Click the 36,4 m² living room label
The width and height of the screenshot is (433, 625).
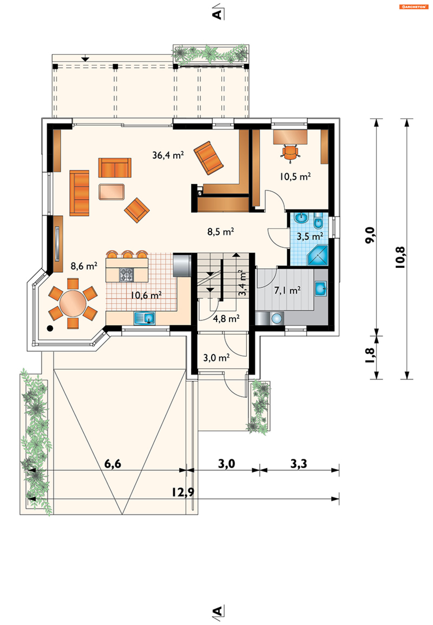168,155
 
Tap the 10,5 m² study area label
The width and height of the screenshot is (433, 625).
295,177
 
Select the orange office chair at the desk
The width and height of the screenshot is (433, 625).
290,153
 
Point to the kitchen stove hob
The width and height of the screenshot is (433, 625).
127,275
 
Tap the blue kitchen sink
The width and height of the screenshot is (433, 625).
145,318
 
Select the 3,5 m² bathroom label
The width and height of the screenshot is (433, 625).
310,236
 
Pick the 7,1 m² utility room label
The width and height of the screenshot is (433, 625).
287,291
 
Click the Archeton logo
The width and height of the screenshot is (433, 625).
413,7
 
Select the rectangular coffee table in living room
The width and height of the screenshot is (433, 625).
111,192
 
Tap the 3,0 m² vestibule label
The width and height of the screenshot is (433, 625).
216,358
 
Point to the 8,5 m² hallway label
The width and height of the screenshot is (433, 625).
221,232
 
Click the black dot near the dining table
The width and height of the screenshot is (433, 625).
50,328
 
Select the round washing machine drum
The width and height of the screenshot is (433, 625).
276,318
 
